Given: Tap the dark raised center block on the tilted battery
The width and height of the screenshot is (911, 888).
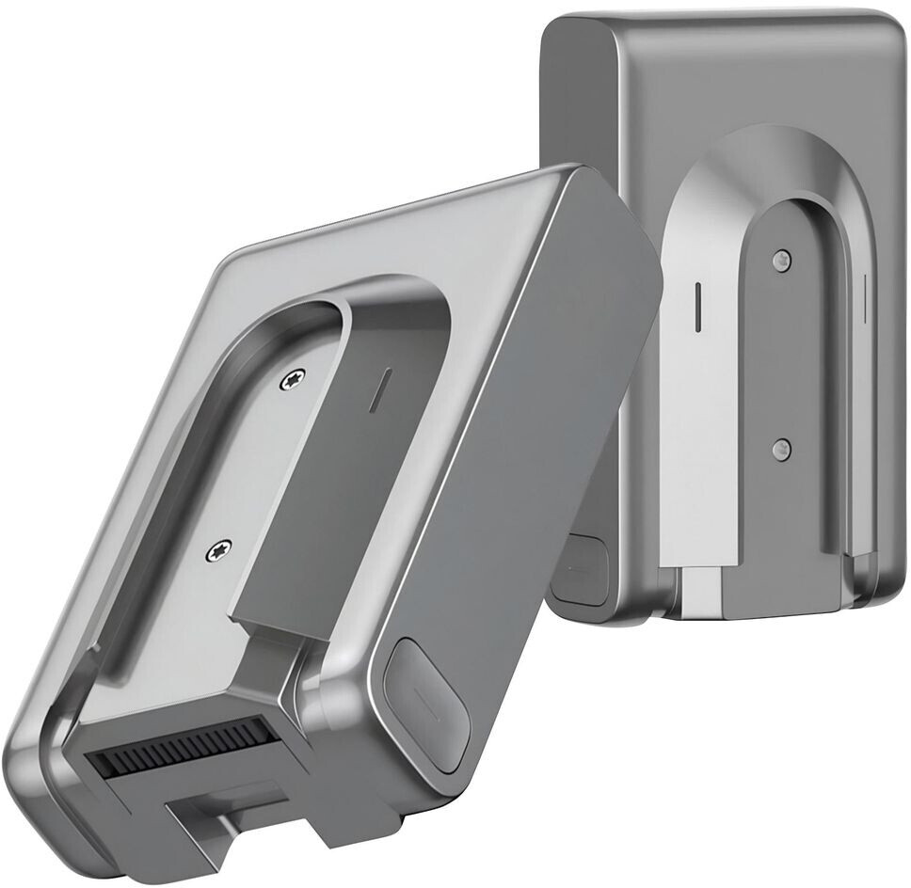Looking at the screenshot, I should [301, 489].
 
